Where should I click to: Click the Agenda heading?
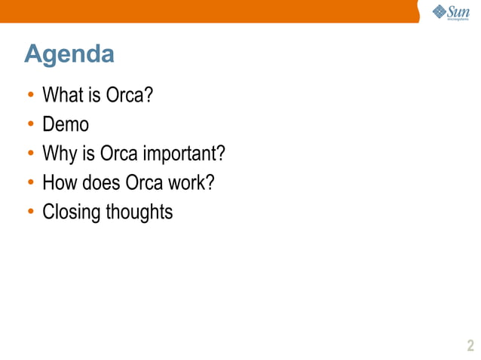(69, 54)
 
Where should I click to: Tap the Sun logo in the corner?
(450, 12)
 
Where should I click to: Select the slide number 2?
(470, 346)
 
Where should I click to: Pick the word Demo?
(66, 125)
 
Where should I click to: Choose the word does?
(98, 183)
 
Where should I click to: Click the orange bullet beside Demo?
(31, 126)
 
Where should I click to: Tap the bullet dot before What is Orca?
(31, 96)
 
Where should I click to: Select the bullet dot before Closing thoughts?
(31, 213)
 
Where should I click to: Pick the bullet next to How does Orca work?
(31, 184)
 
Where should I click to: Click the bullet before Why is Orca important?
(31, 155)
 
